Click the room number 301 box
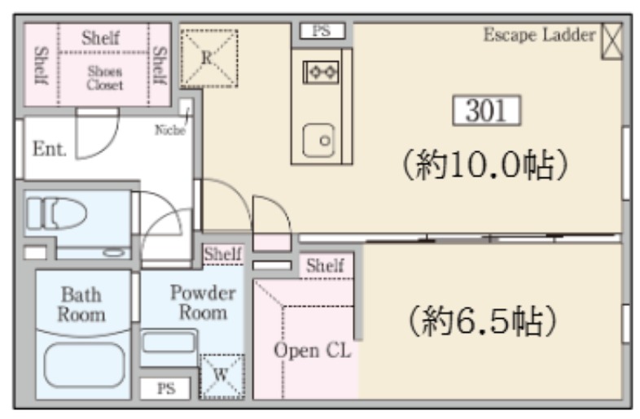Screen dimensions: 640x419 click(x=487, y=110)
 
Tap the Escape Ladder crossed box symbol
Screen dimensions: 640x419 click(x=612, y=41)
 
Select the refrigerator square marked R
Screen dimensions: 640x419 click(x=209, y=59)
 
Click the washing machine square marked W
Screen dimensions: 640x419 click(x=221, y=376)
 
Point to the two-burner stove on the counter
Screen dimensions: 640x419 click(x=321, y=72)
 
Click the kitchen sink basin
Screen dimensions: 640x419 click(x=318, y=141)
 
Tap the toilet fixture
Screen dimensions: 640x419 click(x=57, y=213)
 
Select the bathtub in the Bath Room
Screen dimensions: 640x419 click(x=84, y=364)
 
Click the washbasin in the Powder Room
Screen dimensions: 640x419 click(x=169, y=342)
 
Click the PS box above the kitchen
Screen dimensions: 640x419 click(x=322, y=31)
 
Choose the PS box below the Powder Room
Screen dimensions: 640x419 click(x=165, y=388)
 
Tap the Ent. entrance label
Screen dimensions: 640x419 click(x=50, y=149)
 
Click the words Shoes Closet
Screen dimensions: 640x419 click(x=105, y=78)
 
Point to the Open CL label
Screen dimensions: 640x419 click(x=312, y=351)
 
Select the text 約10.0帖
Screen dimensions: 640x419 click(x=485, y=164)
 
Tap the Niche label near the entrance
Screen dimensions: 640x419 click(x=170, y=129)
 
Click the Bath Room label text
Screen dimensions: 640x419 click(x=81, y=304)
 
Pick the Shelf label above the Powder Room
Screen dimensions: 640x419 click(x=223, y=254)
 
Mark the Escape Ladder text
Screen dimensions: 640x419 click(x=540, y=35)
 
